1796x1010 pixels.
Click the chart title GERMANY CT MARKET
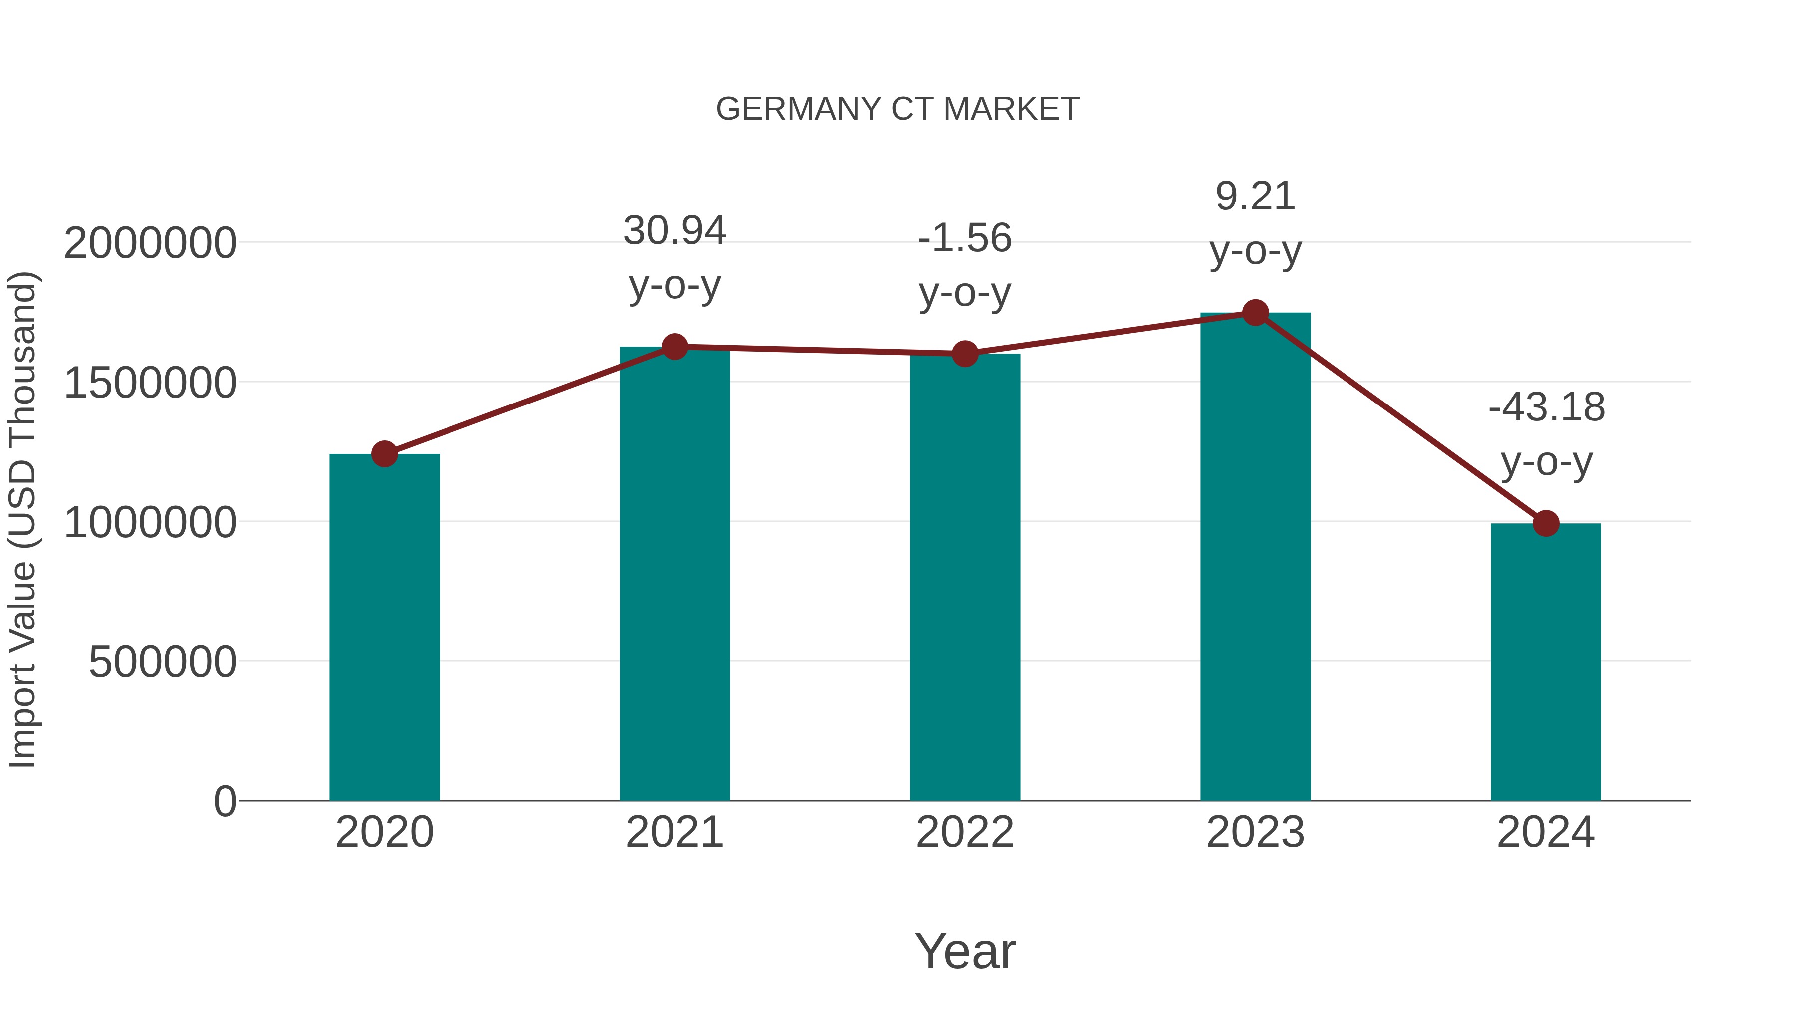(x=898, y=109)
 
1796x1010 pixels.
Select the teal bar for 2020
(x=384, y=627)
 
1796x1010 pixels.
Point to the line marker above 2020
(x=384, y=454)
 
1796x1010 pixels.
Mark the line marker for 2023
(x=1255, y=313)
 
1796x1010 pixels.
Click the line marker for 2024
(x=1546, y=523)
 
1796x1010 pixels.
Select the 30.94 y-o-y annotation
(x=674, y=257)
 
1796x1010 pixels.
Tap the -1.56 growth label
(x=965, y=265)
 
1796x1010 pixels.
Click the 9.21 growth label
(x=1255, y=223)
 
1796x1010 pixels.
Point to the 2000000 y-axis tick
(x=150, y=244)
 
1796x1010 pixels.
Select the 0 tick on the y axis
(x=224, y=802)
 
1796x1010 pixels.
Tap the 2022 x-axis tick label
(x=965, y=832)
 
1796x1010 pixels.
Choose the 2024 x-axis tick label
(x=1546, y=832)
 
